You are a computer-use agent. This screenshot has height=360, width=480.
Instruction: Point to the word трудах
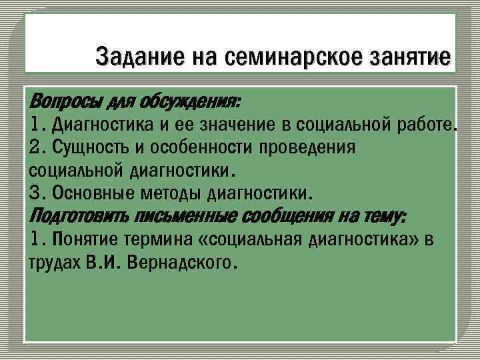pos(55,261)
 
